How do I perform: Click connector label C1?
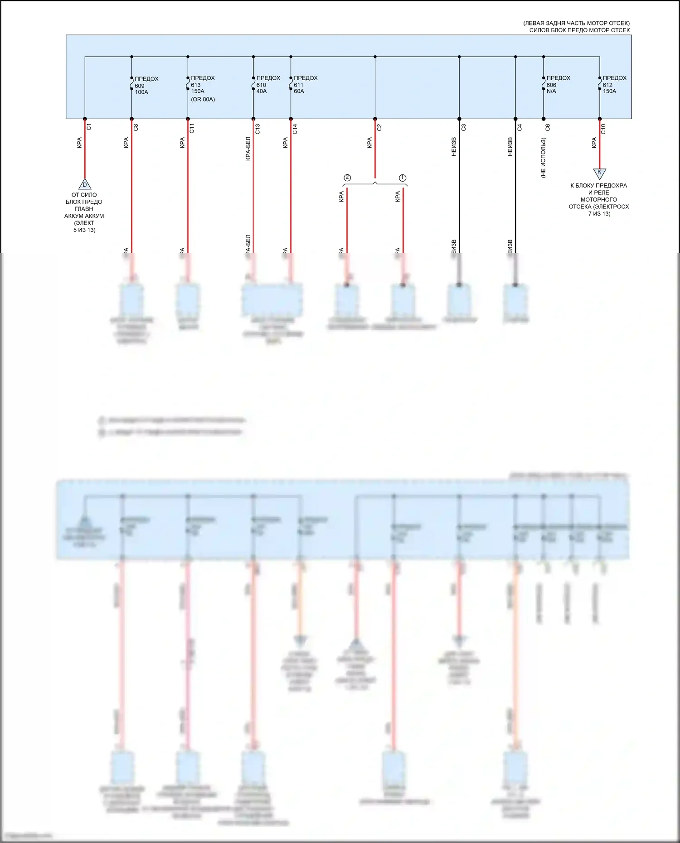[x=89, y=127]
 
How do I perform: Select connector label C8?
[x=136, y=128]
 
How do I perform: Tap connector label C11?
[x=192, y=128]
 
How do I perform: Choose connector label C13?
[x=258, y=129]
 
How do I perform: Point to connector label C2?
[x=379, y=127]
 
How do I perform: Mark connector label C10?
[x=603, y=129]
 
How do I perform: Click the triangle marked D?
[x=85, y=184]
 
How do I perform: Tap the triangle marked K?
[x=599, y=173]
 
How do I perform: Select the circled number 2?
[x=347, y=178]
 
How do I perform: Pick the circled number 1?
[x=403, y=178]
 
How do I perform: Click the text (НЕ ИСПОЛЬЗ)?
[x=544, y=158]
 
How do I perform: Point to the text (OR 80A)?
[x=203, y=99]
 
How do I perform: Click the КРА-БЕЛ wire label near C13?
[x=248, y=149]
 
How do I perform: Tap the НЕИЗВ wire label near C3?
[x=454, y=147]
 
